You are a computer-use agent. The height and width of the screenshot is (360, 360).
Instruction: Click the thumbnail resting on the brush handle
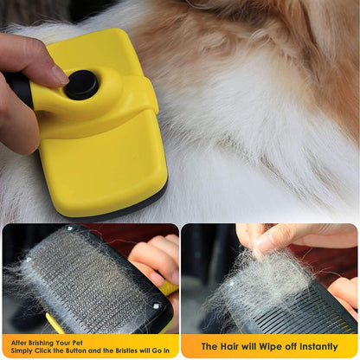click(54, 73)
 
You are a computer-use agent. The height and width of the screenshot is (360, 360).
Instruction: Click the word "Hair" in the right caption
click(226, 346)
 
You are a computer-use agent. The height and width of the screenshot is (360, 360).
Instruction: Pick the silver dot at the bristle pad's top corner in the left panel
click(29, 259)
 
